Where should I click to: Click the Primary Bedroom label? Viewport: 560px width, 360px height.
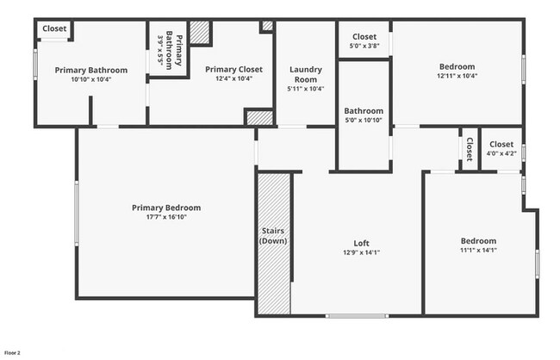166,208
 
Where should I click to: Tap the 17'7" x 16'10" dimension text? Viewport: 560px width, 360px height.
166,217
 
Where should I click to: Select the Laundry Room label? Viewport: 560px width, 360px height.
306,74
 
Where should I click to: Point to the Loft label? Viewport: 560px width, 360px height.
362,242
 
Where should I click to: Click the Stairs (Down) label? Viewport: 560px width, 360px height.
273,236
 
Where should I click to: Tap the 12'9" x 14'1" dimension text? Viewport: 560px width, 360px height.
362,251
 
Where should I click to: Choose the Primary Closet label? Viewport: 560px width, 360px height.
233,69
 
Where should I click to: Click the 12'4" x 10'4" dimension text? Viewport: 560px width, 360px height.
233,78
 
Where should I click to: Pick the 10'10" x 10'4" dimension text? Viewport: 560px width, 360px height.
91,78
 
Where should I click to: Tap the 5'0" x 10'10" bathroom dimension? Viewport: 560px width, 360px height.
364,120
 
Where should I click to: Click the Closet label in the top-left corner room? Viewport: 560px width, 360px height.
54,28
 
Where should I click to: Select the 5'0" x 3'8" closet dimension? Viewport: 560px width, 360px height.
364,47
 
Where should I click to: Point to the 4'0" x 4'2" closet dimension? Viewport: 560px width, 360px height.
501,153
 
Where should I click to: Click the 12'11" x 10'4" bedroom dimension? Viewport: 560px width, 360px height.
457,76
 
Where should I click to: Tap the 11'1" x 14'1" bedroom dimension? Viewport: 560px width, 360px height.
478,250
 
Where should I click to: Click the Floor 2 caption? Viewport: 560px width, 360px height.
12,353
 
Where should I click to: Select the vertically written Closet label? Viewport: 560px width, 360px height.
470,149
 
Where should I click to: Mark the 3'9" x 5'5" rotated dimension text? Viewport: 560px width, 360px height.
160,51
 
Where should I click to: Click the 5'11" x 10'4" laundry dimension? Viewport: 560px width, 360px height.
306,88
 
